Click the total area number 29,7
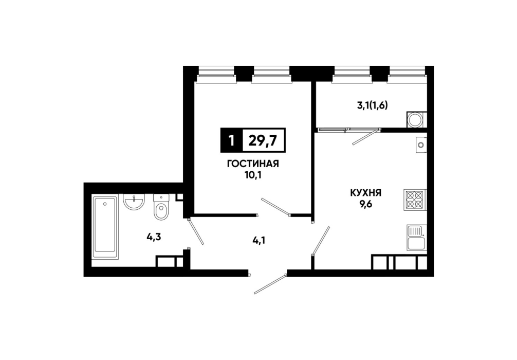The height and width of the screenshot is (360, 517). [x=263, y=141]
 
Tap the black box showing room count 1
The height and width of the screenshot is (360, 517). [x=231, y=140]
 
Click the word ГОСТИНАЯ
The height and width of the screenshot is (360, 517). [x=253, y=164]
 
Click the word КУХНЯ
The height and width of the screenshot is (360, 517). [x=365, y=192]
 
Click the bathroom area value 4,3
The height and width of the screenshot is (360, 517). [x=154, y=237]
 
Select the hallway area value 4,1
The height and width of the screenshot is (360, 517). [x=258, y=240]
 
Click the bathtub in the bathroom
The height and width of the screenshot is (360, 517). [x=105, y=228]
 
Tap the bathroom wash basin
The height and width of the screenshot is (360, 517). [x=134, y=201]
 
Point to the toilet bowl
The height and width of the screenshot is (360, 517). [x=161, y=207]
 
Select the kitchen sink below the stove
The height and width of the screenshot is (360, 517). [x=417, y=238]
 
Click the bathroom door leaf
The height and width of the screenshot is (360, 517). [x=196, y=231]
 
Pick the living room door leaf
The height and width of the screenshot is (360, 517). [x=275, y=207]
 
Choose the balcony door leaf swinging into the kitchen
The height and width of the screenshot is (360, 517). [x=366, y=137]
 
